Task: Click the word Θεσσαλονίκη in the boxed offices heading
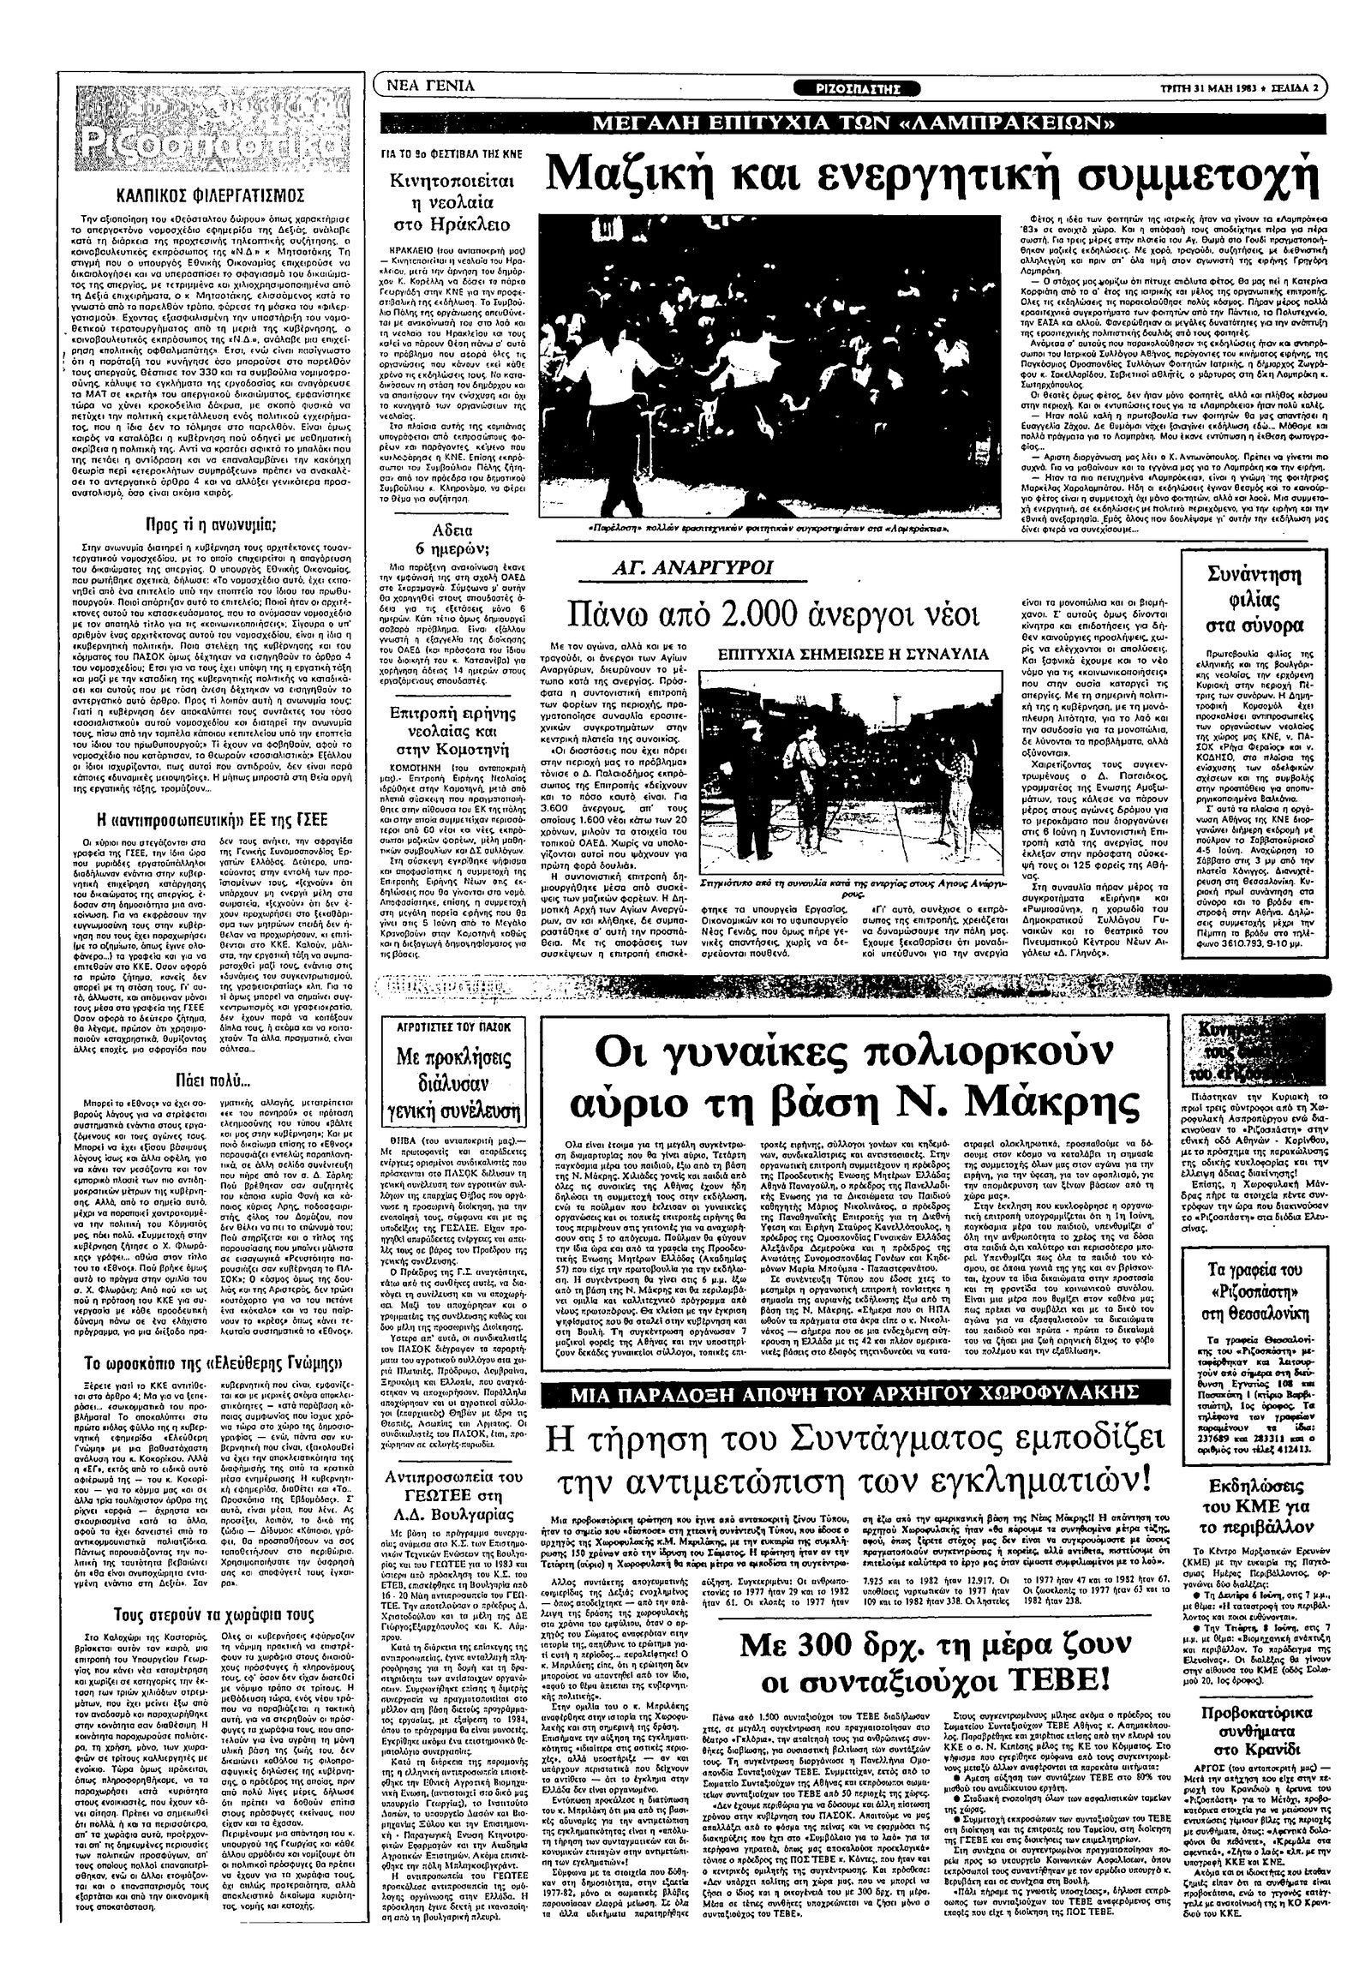click(x=1261, y=1314)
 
